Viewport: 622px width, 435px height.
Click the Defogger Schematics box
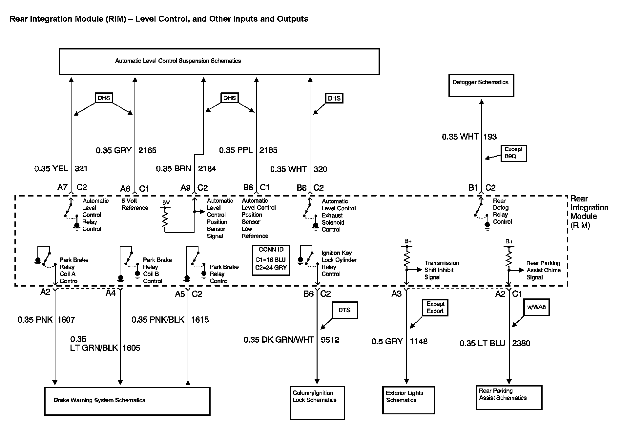point(481,86)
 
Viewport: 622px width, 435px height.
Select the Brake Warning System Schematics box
point(127,401)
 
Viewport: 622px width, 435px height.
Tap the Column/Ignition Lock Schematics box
point(317,403)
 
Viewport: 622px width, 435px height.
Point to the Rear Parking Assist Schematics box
point(509,397)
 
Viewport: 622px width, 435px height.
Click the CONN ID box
point(271,260)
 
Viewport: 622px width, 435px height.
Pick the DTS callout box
point(344,310)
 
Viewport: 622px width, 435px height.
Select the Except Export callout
point(435,308)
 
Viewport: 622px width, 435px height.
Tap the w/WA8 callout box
point(536,307)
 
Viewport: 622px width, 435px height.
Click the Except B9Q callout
point(513,153)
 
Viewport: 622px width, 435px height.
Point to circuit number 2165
point(147,150)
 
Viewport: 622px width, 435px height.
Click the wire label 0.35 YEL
point(51,169)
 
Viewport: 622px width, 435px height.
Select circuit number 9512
point(330,340)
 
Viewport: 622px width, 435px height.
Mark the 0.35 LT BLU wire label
point(482,343)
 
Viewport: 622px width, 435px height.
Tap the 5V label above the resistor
point(166,203)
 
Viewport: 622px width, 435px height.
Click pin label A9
point(185,188)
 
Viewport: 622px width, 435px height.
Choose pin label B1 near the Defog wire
point(473,188)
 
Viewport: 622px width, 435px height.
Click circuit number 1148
point(419,341)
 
